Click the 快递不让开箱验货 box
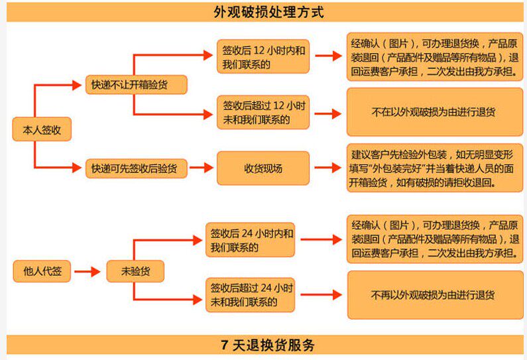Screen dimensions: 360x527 click(135, 85)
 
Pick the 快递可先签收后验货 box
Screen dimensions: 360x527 click(135, 168)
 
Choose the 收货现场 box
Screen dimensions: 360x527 click(263, 168)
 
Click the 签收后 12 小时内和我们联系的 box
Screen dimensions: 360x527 click(263, 57)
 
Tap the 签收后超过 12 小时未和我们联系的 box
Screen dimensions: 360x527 click(263, 113)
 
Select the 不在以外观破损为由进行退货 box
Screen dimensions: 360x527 click(434, 113)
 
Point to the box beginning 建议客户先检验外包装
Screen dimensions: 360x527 click(434, 168)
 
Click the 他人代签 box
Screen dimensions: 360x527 click(42, 270)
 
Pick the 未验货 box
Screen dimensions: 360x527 click(135, 270)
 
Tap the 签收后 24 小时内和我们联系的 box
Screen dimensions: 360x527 click(251, 240)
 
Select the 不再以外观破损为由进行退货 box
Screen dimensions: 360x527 click(434, 295)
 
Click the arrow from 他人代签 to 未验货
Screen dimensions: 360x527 click(87, 270)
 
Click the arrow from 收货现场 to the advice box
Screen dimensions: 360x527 click(327, 168)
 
